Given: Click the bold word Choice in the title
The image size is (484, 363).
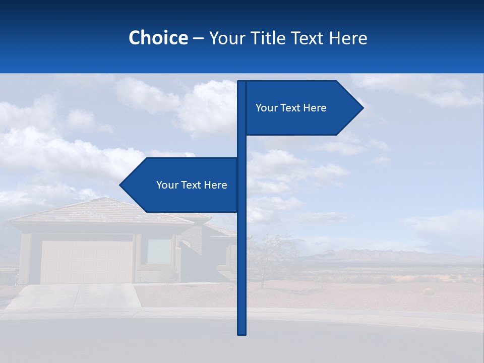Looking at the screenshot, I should (x=158, y=38).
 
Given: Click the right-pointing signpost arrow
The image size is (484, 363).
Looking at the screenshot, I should (x=302, y=108).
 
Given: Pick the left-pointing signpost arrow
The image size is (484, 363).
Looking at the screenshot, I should (x=181, y=185).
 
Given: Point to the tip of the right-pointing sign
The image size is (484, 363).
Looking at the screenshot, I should (x=362, y=107).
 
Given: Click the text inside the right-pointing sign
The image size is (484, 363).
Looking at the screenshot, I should (x=291, y=108).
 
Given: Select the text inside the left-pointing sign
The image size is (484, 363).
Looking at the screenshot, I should (x=192, y=185).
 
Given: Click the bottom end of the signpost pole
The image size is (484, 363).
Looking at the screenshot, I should (x=241, y=333).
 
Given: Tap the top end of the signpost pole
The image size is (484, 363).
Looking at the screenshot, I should (x=241, y=83).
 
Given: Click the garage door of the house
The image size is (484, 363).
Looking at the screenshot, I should (x=87, y=262).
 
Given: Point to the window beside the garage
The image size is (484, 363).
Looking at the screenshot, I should (x=159, y=251).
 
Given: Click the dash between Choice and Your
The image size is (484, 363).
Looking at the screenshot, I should (x=198, y=38).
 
